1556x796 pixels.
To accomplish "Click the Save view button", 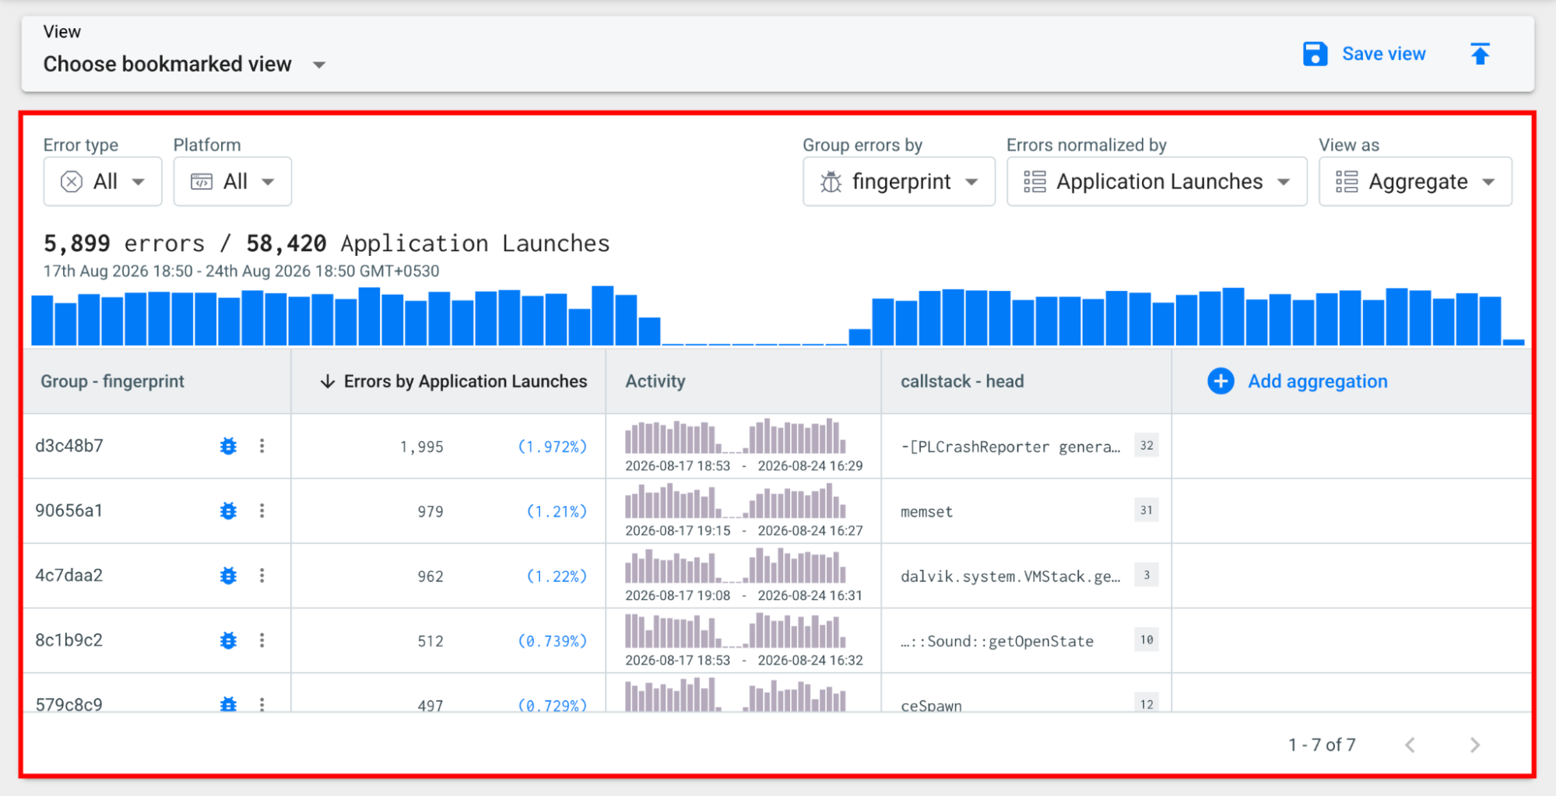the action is [1364, 54].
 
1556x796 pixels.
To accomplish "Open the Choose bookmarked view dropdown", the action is [184, 64].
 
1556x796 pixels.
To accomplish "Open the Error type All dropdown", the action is [103, 181].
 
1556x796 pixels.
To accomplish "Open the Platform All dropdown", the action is [233, 181].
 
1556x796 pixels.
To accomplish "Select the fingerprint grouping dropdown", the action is [899, 181].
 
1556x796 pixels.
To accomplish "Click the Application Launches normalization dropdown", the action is [1157, 181].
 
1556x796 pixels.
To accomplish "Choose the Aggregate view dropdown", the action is [1415, 181].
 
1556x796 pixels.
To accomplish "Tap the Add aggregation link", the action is [1298, 381].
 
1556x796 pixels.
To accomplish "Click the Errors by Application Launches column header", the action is [454, 381].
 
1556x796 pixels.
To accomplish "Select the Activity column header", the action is [655, 381].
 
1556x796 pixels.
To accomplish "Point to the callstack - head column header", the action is [962, 381].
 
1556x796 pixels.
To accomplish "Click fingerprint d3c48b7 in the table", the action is [69, 446].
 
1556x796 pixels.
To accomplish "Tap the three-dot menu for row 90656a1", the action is [262, 510].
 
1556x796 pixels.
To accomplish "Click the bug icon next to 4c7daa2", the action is [228, 576].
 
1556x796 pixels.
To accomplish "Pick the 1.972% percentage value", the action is [553, 447].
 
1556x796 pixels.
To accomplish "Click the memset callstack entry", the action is [926, 511].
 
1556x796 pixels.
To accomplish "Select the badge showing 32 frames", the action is [1147, 446].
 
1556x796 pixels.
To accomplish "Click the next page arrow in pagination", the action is [1475, 745].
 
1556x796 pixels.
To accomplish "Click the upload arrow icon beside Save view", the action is [1480, 54].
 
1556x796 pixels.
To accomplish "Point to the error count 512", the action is [430, 641].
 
